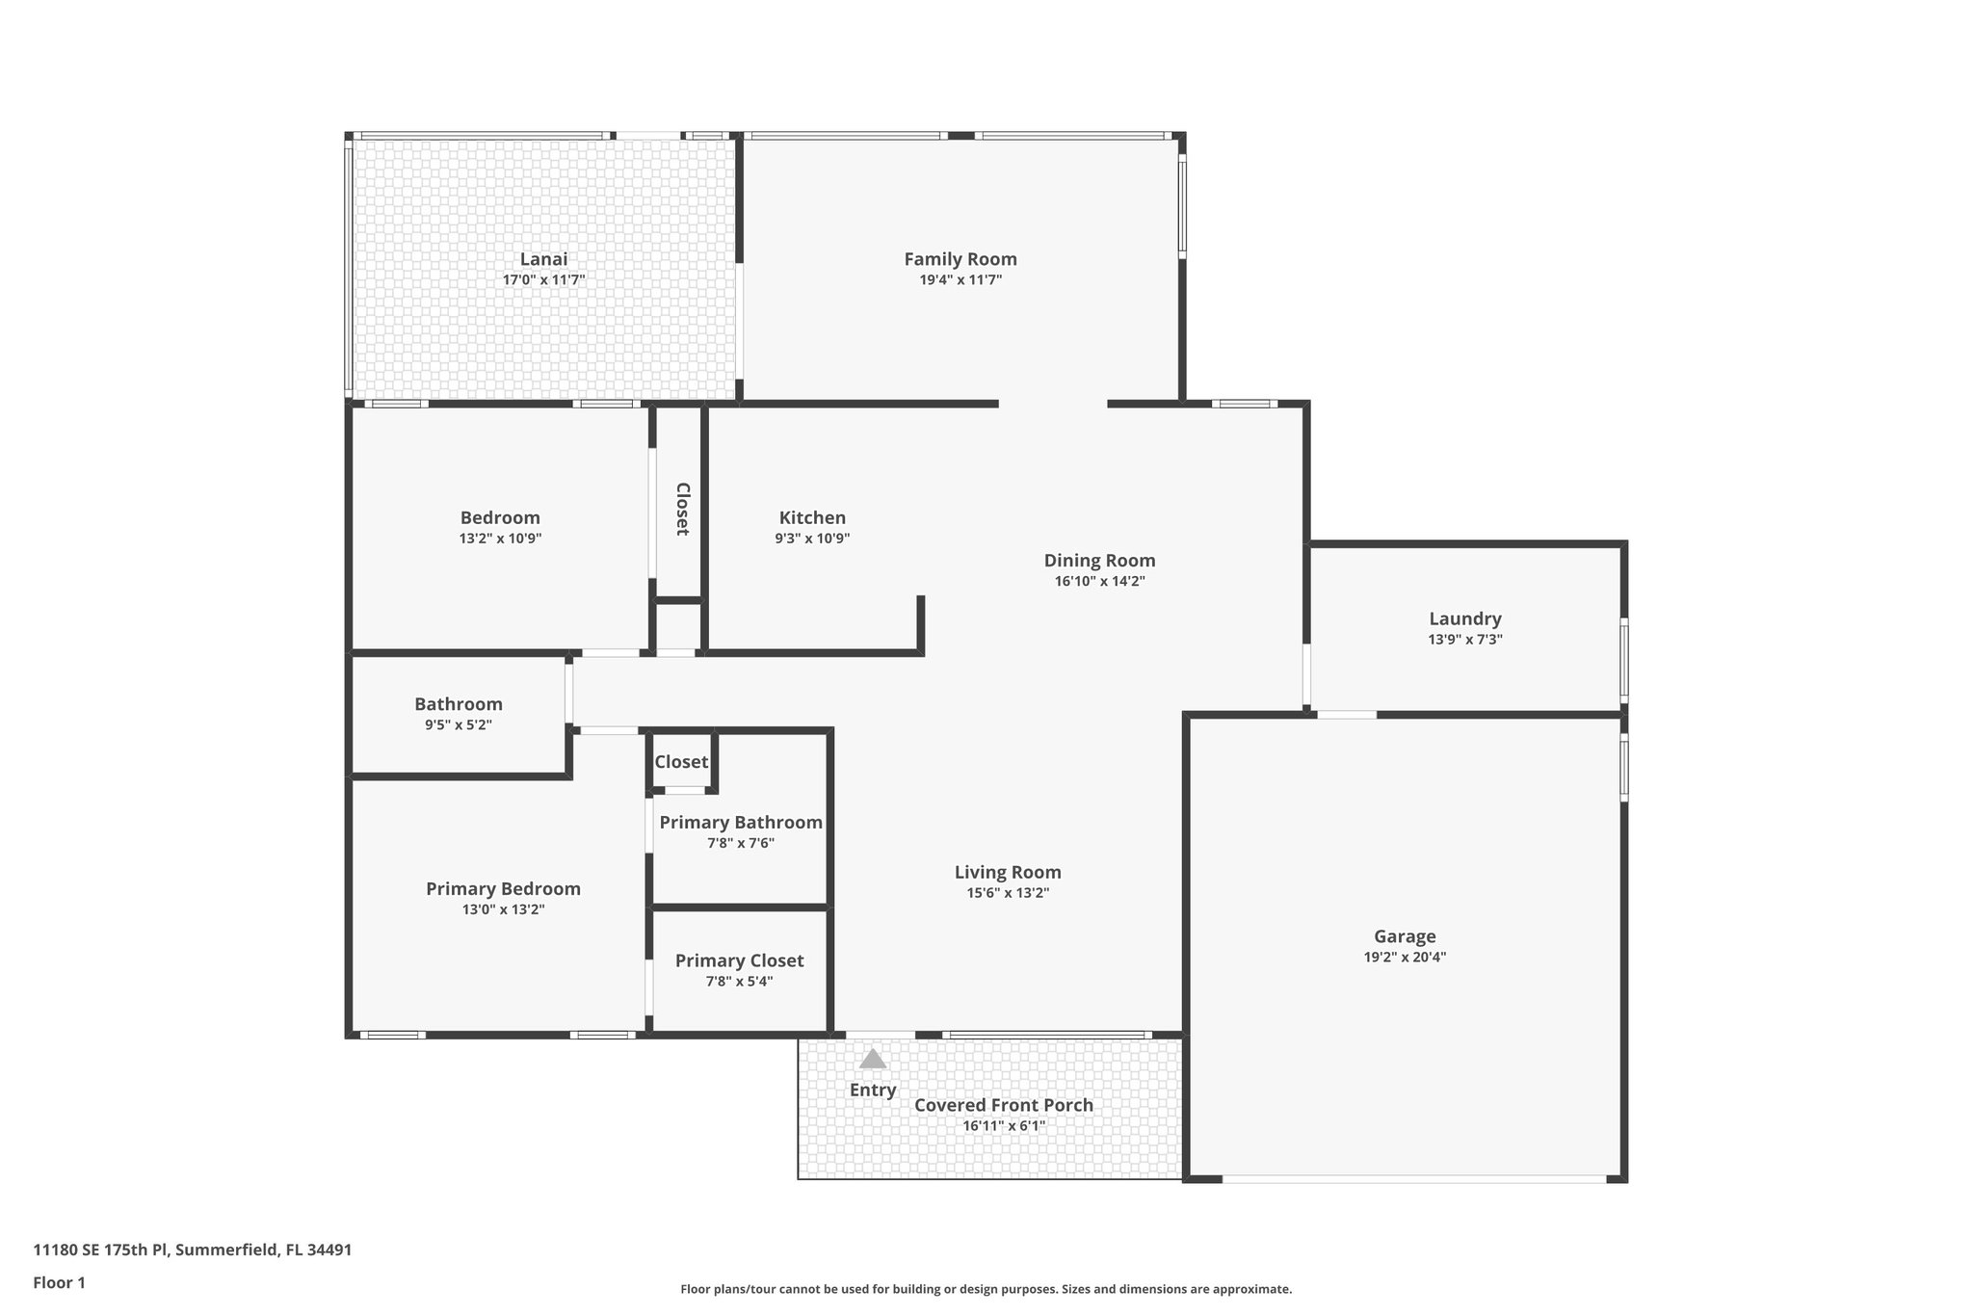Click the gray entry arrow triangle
(x=872, y=1060)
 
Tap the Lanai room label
(x=543, y=259)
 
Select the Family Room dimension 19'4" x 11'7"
(x=960, y=280)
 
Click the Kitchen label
(x=812, y=518)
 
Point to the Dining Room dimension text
(x=1099, y=581)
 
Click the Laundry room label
(x=1464, y=618)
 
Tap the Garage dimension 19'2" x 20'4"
(x=1405, y=957)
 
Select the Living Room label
(x=1008, y=872)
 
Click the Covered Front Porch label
(x=1003, y=1105)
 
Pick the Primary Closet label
(x=739, y=960)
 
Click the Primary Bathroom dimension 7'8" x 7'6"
(x=740, y=843)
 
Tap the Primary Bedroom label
(x=503, y=888)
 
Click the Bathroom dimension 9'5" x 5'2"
(x=459, y=724)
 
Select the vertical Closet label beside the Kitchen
(x=682, y=509)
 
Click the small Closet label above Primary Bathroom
(x=681, y=762)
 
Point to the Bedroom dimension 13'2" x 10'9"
(x=500, y=539)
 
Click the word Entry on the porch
(x=872, y=1090)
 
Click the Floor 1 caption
(x=59, y=1282)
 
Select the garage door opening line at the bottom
(x=1414, y=1178)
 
